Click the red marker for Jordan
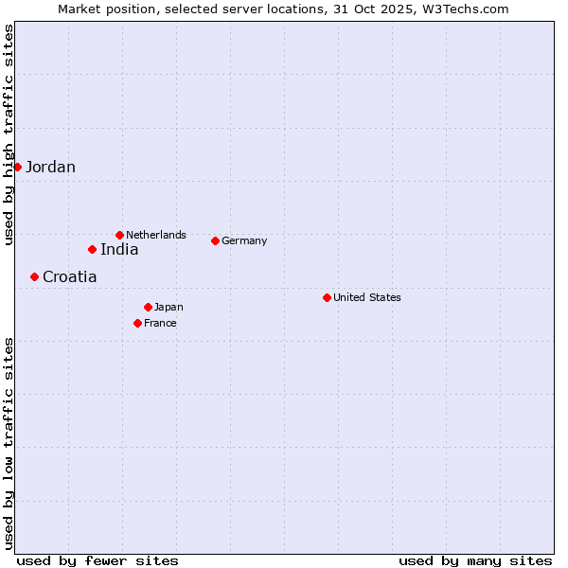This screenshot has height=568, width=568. pos(17,167)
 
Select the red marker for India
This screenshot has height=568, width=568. pos(92,249)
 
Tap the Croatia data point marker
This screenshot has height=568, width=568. pos(34,276)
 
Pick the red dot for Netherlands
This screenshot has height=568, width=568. pos(119,235)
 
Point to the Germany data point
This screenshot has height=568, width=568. pos(215,240)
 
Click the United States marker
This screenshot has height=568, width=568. pos(327,297)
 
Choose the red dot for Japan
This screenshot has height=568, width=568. pos(148,307)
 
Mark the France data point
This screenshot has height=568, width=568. pos(137,323)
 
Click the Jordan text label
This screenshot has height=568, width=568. pos(50,168)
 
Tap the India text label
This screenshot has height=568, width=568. pos(119,250)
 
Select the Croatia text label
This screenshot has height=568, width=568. pos(69,277)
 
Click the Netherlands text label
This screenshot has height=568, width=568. pos(156,235)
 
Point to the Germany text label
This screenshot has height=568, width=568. pos(244,241)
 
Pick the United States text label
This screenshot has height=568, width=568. pos(367,297)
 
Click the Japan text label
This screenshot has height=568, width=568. pos(169,308)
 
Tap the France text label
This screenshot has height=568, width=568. pos(160,324)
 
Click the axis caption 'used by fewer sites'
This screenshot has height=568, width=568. pos(98,560)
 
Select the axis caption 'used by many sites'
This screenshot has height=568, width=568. pos(475,560)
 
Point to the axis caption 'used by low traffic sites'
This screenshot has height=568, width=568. pos(9,442)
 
